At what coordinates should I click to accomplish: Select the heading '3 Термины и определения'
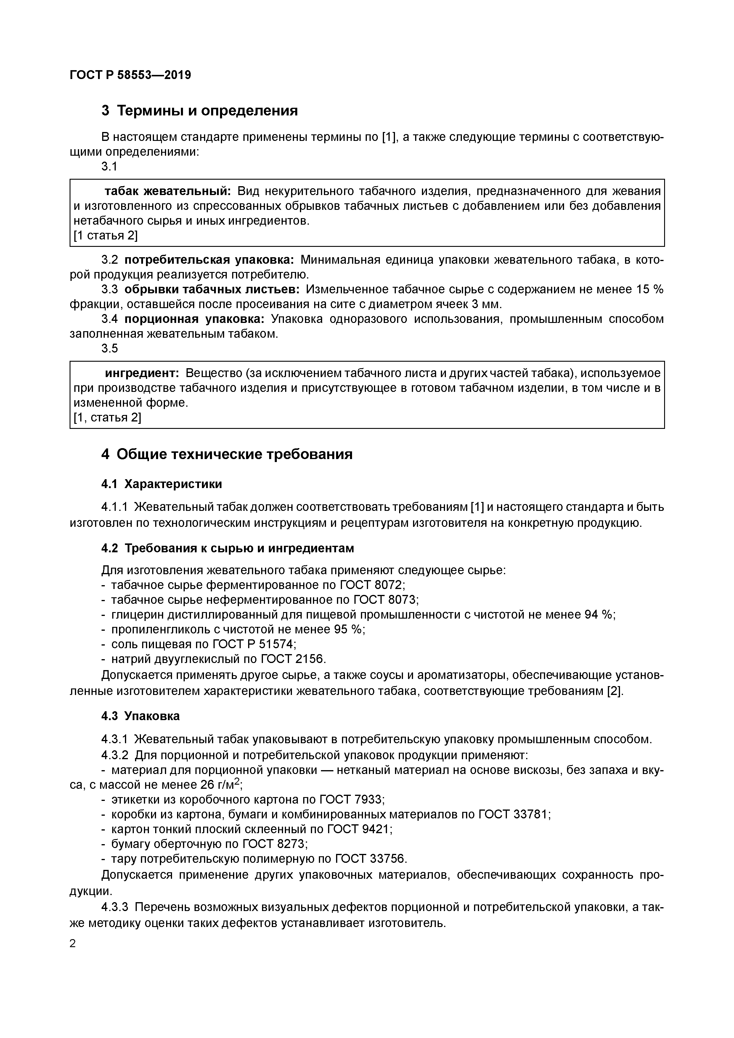coord(200,110)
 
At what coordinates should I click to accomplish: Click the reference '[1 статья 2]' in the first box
coord(105,236)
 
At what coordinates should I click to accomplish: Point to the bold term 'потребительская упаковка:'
coord(209,260)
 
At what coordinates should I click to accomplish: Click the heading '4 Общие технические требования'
coord(227,454)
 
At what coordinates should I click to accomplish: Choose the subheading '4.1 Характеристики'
coord(161,484)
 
